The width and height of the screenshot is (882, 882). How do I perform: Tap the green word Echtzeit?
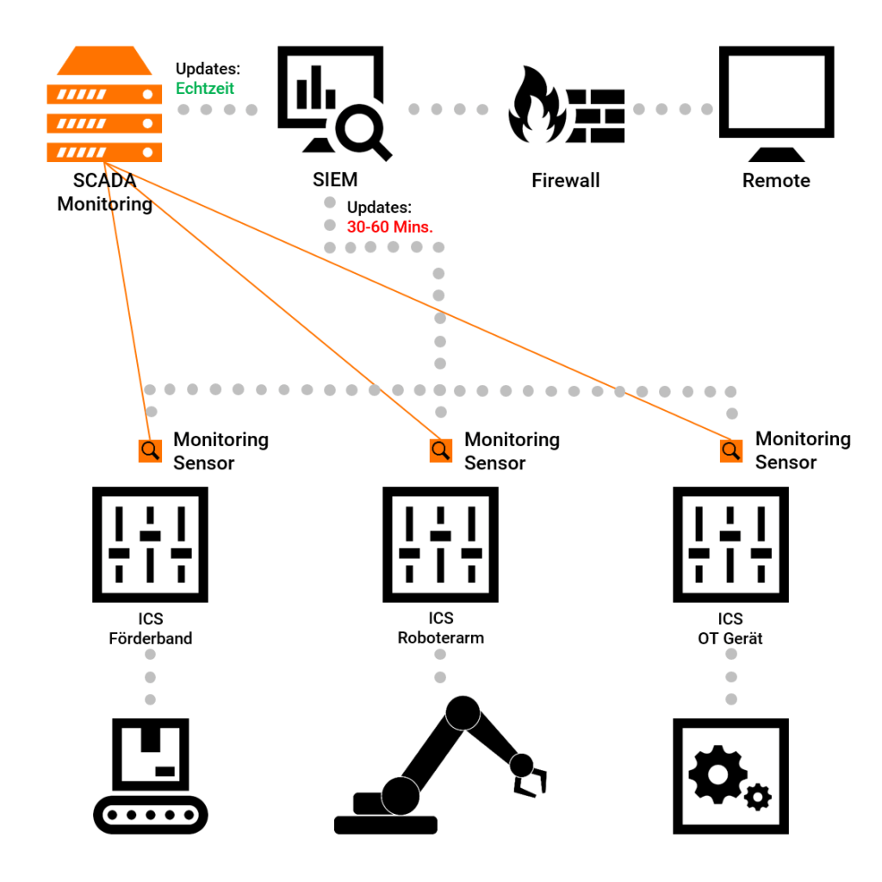[x=205, y=88]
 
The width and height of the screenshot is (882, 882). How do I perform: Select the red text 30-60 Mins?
[x=389, y=227]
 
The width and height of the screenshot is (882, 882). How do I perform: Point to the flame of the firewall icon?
[x=535, y=104]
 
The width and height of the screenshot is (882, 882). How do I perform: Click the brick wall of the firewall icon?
[x=597, y=115]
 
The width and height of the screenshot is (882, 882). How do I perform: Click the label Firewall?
[x=565, y=181]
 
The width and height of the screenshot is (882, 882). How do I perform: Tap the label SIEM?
[x=335, y=181]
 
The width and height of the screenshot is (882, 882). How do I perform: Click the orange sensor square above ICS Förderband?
[x=150, y=450]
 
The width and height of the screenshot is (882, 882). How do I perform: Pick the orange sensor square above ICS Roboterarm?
[x=441, y=450]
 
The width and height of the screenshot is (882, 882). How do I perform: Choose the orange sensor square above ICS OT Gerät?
[x=731, y=450]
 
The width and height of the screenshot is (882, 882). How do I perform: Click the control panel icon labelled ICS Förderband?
[x=150, y=544]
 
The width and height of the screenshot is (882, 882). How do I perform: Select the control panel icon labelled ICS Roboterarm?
[x=440, y=544]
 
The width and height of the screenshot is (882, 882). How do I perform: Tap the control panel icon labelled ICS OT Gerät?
[x=730, y=544]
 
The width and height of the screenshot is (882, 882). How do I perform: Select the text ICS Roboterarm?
[x=440, y=629]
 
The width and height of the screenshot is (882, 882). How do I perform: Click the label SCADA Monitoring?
[x=104, y=193]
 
